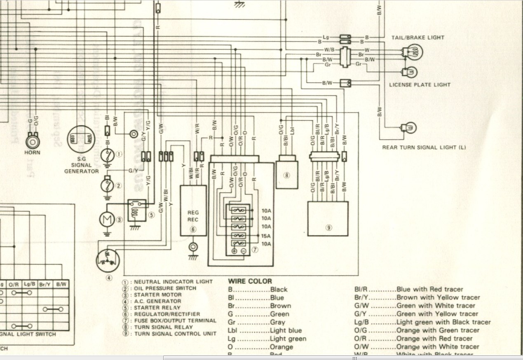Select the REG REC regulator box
coord(193,210)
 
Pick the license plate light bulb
coord(410,73)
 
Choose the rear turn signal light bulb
coord(410,128)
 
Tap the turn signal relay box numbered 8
coord(287,175)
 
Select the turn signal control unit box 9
coord(328,218)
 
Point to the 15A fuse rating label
coord(266,236)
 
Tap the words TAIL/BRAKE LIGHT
coord(418,37)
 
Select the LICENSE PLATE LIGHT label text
coord(420,85)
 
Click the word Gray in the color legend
coord(277,322)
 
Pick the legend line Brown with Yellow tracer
coord(438,297)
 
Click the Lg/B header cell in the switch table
coord(29,284)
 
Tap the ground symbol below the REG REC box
coord(192,257)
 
